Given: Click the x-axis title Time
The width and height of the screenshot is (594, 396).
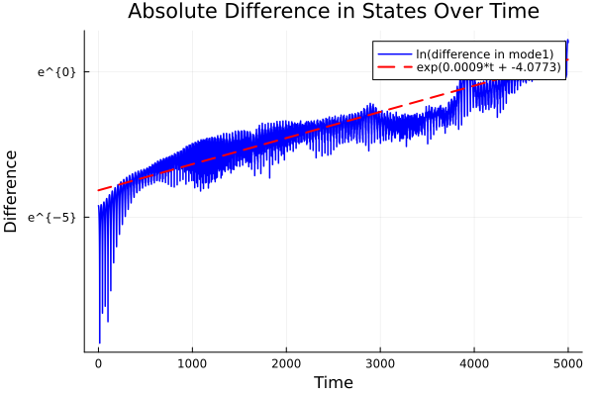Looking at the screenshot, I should (333, 382).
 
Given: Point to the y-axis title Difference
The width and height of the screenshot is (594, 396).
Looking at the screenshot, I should (12, 191).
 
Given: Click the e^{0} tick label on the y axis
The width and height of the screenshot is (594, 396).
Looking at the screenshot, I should (56, 71).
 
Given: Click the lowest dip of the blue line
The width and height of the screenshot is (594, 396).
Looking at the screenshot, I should (99, 343).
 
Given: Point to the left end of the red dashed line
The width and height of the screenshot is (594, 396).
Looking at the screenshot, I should (98, 190).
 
